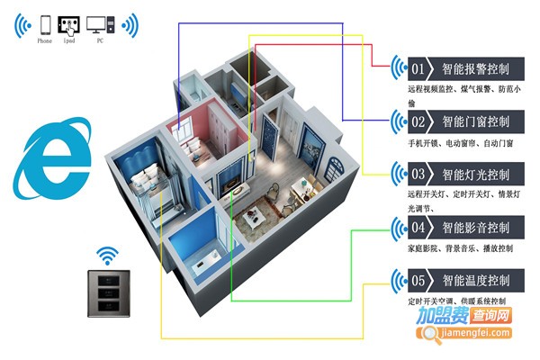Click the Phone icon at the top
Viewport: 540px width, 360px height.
44,24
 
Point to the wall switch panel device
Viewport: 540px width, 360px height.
106,294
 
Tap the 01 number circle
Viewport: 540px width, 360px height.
418,68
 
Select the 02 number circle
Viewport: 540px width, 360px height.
418,121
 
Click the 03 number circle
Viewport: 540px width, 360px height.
418,173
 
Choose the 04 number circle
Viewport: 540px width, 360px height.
418,227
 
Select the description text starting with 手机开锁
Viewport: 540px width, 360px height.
460,143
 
